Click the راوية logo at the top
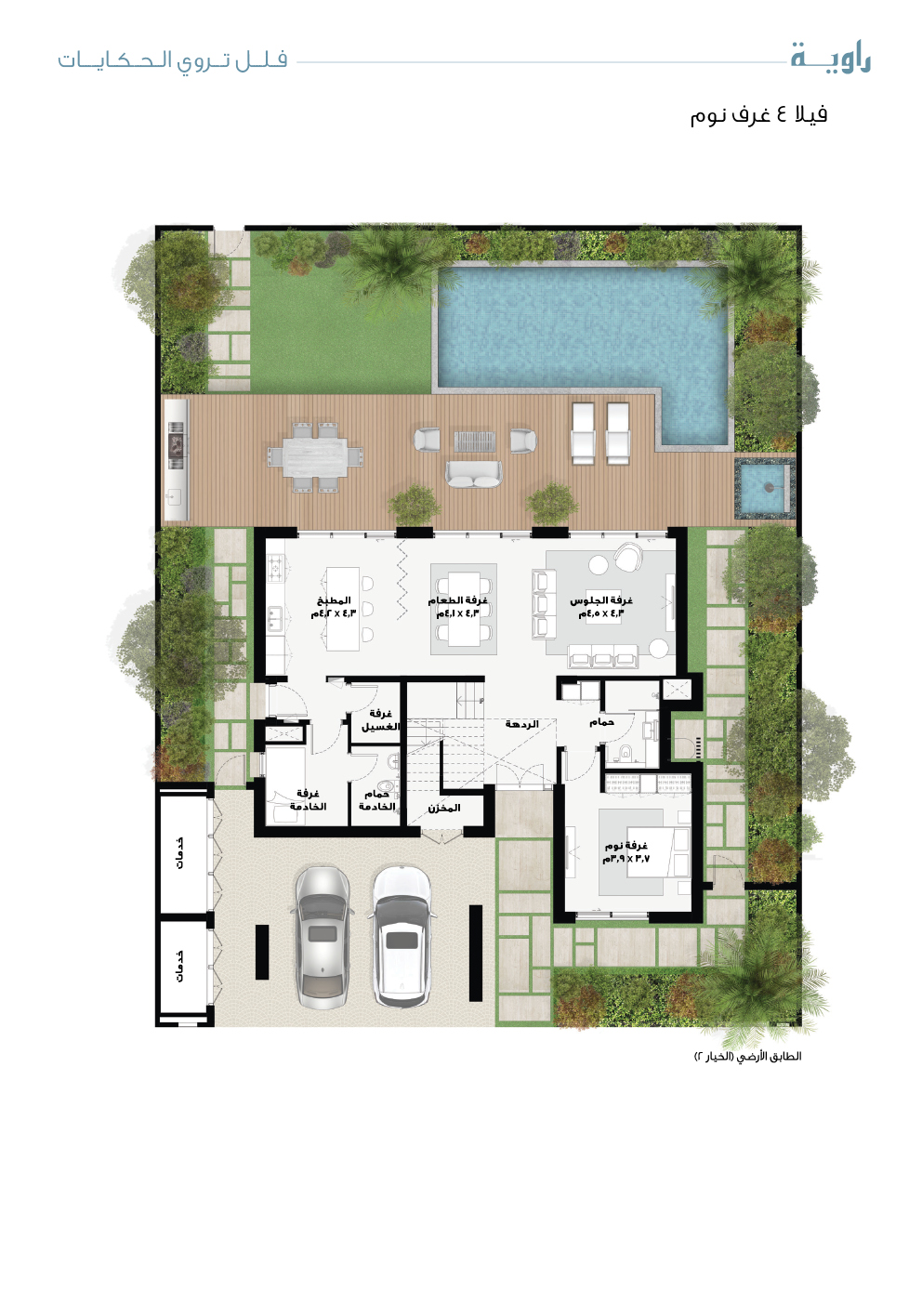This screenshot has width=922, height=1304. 830,59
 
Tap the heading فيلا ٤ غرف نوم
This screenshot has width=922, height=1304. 758,114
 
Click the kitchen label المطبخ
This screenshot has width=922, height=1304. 334,600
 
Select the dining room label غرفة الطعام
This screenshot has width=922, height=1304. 457,600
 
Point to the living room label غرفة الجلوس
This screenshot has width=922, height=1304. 601,600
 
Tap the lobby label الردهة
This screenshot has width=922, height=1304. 521,724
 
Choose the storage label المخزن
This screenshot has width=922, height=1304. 444,808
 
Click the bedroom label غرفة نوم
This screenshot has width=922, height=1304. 626,845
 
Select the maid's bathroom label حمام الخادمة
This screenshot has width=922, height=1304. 377,800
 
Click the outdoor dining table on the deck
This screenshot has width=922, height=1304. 315,453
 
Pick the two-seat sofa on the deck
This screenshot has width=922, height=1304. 473,474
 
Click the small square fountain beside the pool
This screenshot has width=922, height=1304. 764,487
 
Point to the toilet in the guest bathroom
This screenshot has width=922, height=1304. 626,753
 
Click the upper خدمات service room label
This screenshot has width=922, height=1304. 180,852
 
